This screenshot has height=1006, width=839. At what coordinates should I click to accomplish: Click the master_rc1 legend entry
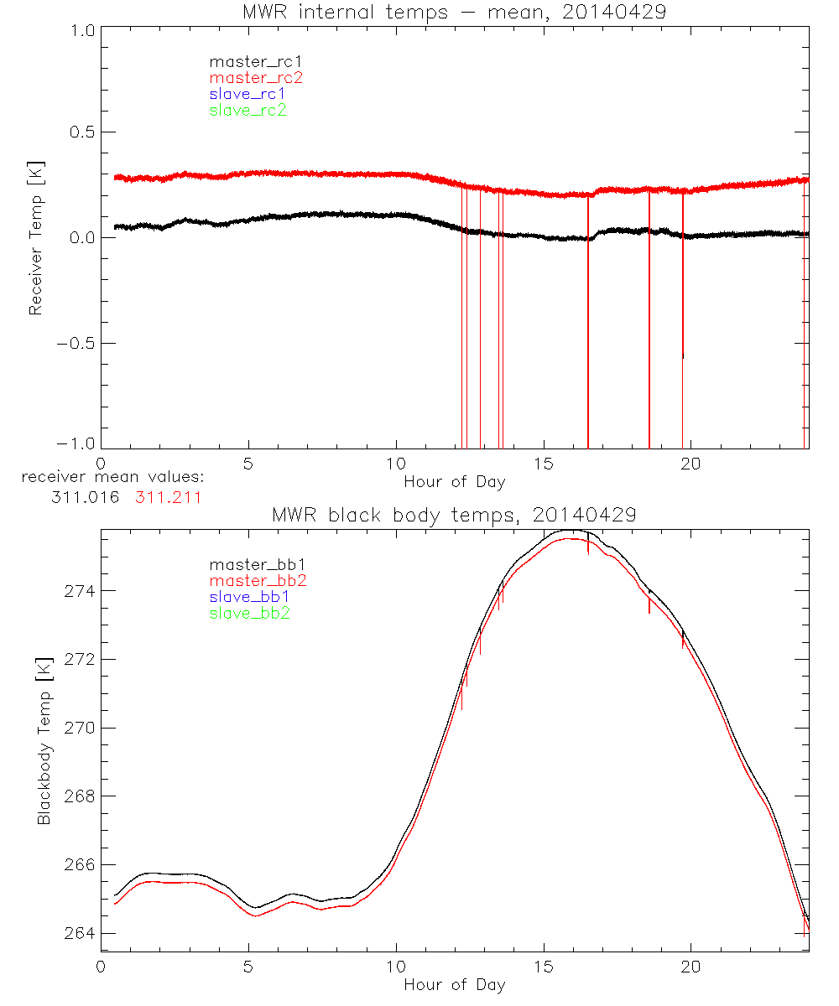click(248, 61)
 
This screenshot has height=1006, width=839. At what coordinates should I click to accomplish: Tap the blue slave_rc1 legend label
click(248, 94)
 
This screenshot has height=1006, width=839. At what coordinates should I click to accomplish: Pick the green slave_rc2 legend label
click(248, 110)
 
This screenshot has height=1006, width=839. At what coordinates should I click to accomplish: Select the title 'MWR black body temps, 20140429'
click(454, 515)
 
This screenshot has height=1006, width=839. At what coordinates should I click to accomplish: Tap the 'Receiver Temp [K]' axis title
click(35, 238)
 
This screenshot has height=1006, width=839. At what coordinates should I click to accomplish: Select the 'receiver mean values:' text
click(112, 478)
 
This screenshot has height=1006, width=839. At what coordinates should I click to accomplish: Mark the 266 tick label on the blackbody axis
click(80, 865)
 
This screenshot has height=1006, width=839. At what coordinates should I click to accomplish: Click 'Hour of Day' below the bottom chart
click(454, 985)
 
